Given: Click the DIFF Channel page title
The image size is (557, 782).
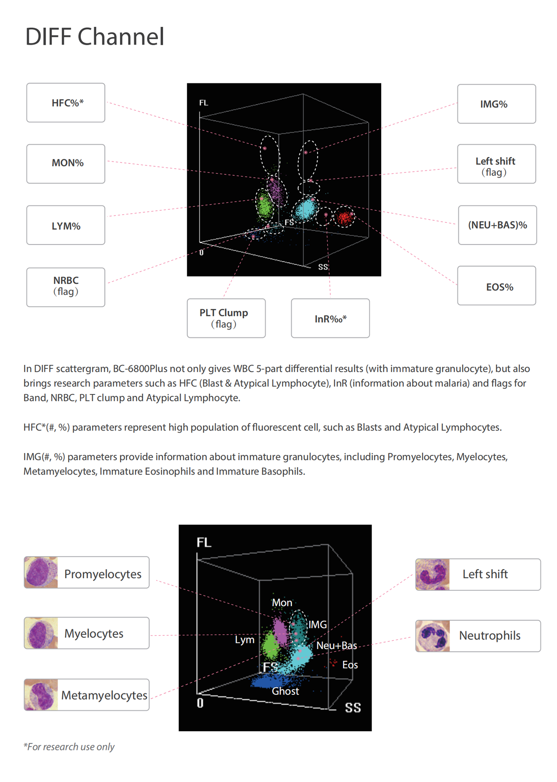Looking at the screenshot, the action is click(95, 36).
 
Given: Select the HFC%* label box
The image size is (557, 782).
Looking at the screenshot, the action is click(66, 103).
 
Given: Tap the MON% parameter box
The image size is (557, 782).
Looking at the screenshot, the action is click(66, 164).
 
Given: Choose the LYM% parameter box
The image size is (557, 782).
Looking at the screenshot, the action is click(66, 225).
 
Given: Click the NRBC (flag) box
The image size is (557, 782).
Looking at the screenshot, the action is click(66, 287).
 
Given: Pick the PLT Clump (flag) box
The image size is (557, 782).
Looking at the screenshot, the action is click(226, 318).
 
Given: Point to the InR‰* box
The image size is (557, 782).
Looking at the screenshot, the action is click(330, 318).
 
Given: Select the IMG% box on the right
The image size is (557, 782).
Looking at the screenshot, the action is click(497, 104).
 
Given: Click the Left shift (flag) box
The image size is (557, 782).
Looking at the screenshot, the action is click(497, 164).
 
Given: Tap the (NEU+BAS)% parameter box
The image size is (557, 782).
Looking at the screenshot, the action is click(498, 225).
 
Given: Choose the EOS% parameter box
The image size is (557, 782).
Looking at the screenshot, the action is click(497, 285).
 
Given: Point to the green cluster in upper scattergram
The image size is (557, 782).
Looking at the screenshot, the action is click(264, 206).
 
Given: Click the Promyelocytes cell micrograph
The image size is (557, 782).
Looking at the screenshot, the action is click(41, 573).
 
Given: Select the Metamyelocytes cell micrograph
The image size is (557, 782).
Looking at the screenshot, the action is click(41, 695).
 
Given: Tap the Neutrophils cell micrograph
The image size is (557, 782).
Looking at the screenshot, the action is click(432, 636).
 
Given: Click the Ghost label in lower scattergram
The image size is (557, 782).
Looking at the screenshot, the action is click(285, 691).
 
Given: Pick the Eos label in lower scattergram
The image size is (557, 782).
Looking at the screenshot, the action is click(350, 665).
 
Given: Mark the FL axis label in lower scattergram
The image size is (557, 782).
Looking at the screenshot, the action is click(204, 542).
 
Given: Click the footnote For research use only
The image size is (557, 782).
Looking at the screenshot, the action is click(69, 747).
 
